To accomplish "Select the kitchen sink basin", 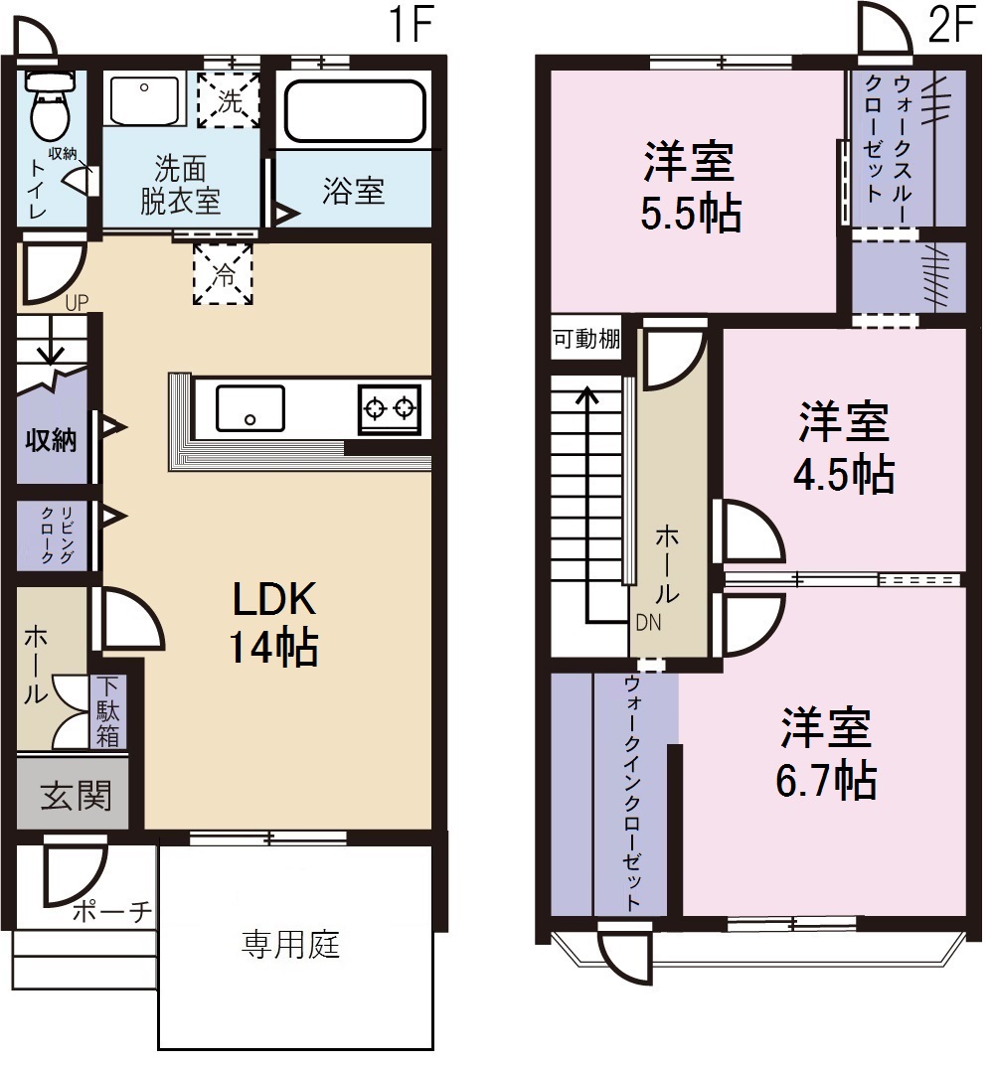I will point(250,407).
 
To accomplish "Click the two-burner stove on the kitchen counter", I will point(390,407).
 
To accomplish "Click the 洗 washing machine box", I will point(228,99).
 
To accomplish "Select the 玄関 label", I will point(75,795).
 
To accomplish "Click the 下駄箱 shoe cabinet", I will point(107,712).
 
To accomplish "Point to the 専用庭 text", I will point(291,943).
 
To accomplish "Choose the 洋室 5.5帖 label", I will point(689,187).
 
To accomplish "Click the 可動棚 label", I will point(586,340).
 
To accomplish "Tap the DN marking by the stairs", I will point(649,622).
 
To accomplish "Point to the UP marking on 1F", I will point(77,303).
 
